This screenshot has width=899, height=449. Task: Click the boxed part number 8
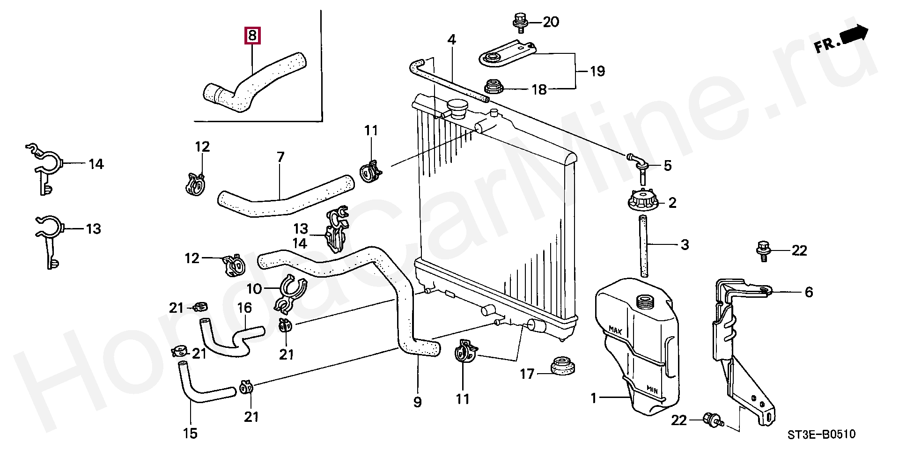(x=252, y=35)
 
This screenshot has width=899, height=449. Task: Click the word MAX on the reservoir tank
(x=615, y=331)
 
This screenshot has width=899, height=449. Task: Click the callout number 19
(x=597, y=71)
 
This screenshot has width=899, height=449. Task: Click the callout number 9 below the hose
(x=417, y=402)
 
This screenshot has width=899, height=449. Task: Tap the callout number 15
(x=190, y=434)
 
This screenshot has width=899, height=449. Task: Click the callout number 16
(x=244, y=308)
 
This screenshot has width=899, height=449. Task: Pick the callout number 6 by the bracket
(x=809, y=292)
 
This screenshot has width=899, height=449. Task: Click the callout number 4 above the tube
(x=451, y=40)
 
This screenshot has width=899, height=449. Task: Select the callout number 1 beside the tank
(x=594, y=398)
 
